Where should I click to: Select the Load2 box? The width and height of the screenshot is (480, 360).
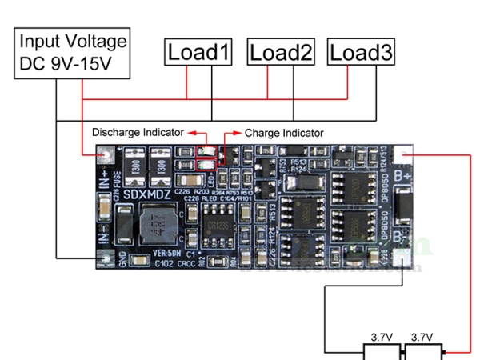[281, 53]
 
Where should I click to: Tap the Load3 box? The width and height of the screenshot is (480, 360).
[362, 53]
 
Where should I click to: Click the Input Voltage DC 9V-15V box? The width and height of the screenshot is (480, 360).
[73, 53]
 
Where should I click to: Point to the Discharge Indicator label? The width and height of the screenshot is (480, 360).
[138, 132]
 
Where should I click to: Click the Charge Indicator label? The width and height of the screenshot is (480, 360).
[284, 133]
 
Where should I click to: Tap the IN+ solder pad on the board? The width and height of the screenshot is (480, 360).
[103, 157]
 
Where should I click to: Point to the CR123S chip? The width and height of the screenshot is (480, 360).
[217, 226]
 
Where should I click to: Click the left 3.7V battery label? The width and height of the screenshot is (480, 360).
[380, 337]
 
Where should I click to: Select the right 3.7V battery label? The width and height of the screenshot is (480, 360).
[421, 337]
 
